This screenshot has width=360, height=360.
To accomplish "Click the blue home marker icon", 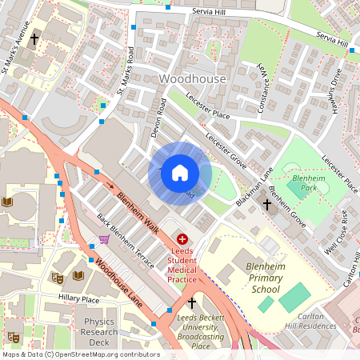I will pyautogui.click(x=180, y=173).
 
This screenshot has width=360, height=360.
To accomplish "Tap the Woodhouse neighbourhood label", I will pyautogui.click(x=194, y=80).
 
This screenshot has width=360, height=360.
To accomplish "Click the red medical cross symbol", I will pyautogui.click(x=182, y=238).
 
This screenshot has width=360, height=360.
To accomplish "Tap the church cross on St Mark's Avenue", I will pyautogui.click(x=34, y=38).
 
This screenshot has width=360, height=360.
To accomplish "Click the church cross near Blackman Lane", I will pyautogui.click(x=268, y=205).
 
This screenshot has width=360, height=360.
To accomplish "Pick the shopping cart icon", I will pyautogui.click(x=104, y=238).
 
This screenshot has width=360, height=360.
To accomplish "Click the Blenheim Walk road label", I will pyautogui.click(x=138, y=212).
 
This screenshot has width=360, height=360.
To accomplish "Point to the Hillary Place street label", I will pyautogui.click(x=78, y=298).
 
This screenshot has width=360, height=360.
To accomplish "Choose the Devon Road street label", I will pyautogui.click(x=158, y=118).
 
